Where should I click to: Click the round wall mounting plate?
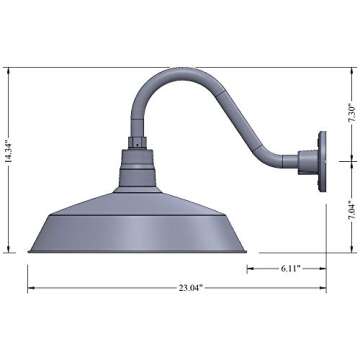pyautogui.click(x=319, y=159)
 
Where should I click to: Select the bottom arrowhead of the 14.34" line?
pyautogui.click(x=12, y=251)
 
